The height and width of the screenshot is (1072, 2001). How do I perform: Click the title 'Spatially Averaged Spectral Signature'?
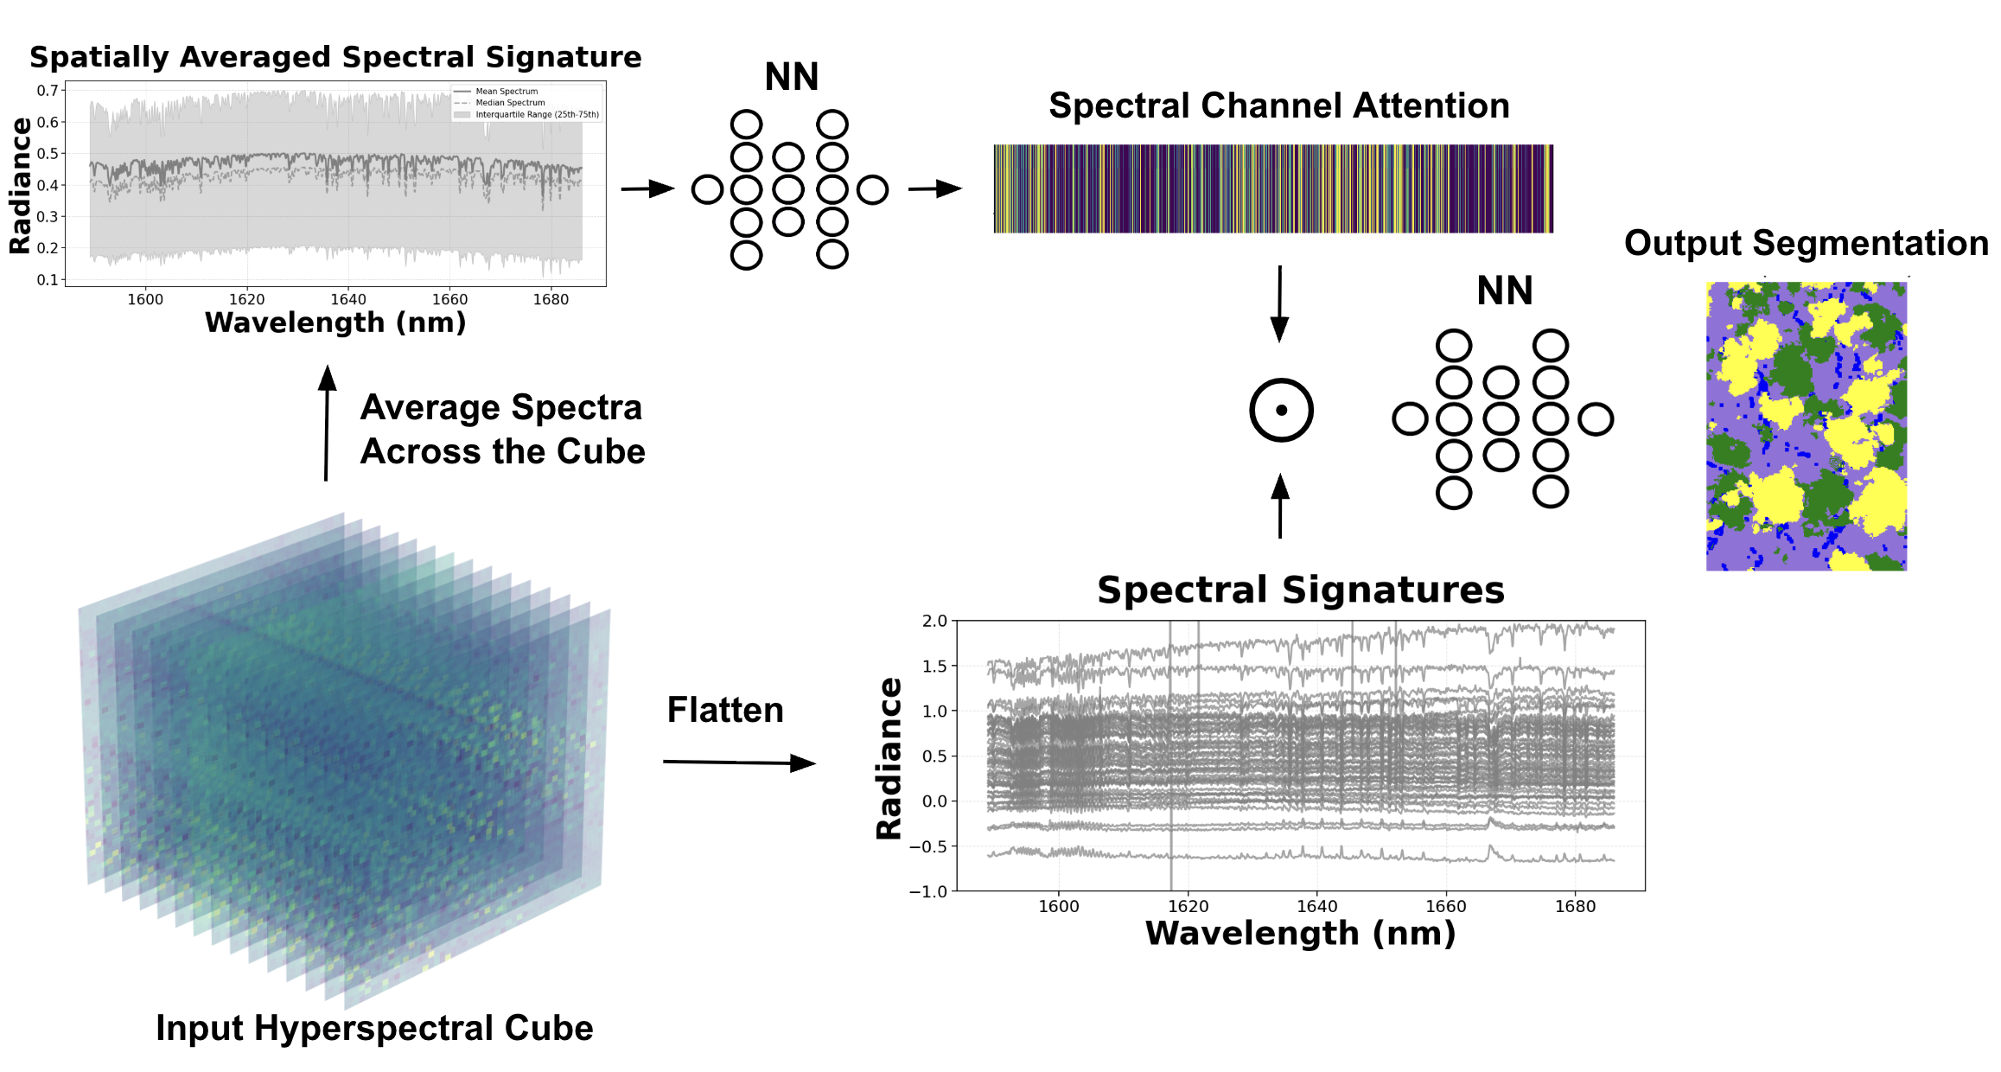335,57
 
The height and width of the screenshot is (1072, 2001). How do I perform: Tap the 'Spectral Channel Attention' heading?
1278,105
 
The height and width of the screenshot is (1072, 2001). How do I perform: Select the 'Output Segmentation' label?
1806,243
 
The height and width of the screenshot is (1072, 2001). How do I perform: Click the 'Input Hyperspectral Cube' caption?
374,1028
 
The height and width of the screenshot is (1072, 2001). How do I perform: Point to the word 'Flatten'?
725,710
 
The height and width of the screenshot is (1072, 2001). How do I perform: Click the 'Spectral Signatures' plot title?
1300,590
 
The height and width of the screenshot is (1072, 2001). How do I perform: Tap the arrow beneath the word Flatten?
739,763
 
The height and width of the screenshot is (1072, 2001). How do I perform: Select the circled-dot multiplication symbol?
1281,411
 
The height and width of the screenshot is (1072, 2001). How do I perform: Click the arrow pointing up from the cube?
327,423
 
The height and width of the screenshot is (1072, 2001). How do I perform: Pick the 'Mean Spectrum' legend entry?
507,92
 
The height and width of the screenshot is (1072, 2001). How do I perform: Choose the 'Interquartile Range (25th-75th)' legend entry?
536,114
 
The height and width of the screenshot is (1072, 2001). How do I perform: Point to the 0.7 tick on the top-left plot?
48,91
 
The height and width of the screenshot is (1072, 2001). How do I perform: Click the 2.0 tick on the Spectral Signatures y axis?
934,621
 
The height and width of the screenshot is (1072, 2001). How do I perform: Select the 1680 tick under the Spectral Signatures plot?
1575,906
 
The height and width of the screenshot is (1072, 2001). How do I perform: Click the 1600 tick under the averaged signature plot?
145,299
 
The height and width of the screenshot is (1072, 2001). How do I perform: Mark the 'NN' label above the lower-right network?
1504,291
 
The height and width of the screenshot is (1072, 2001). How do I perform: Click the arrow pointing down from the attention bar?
1280,303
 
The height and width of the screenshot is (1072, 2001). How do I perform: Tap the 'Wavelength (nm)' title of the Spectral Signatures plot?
1300,934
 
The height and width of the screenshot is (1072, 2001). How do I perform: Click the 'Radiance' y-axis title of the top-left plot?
20,186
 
